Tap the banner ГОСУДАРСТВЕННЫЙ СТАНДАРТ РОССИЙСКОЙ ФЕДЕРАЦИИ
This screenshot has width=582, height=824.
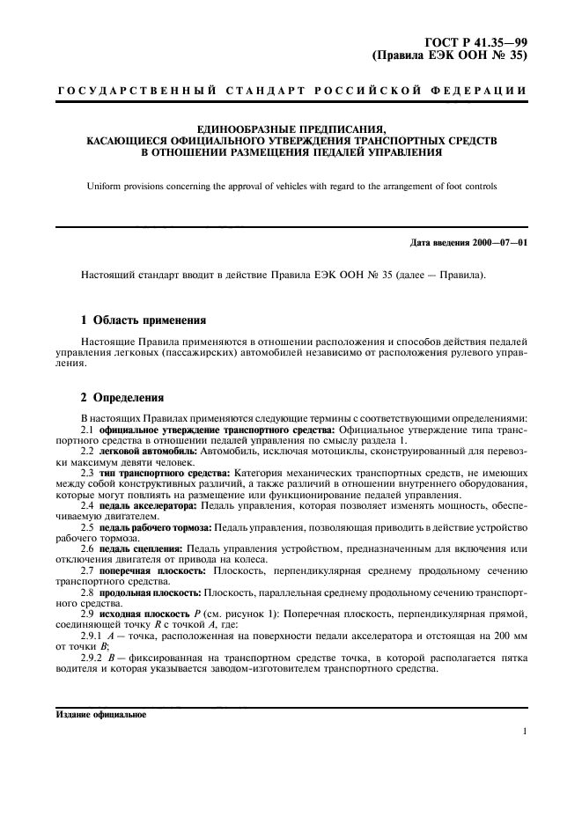point(291,92)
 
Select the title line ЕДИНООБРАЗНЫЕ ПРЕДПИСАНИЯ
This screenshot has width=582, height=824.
point(291,129)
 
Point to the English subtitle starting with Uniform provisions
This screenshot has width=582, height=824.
point(291,186)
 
